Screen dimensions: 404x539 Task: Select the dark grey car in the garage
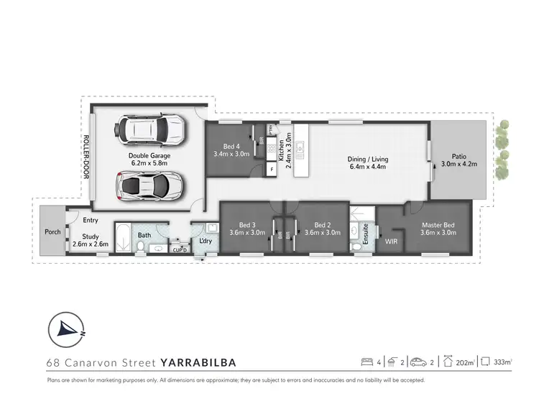[150, 186]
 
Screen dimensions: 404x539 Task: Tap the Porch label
[52, 231]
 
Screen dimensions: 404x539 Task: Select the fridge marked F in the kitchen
[272, 170]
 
